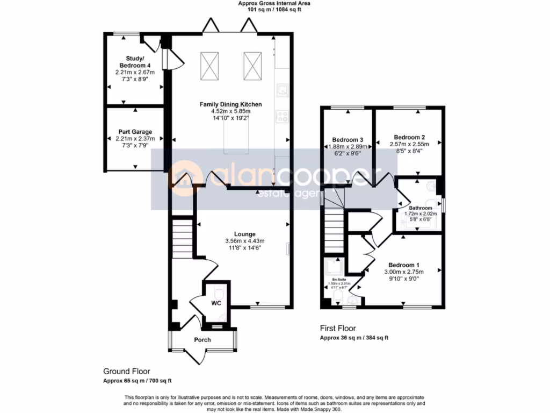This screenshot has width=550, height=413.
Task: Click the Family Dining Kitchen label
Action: point(230,104)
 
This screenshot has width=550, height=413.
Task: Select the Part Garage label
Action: point(135,132)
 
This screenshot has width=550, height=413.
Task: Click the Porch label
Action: point(202,340)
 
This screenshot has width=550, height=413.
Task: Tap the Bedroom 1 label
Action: point(403,265)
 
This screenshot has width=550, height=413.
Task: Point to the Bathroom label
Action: point(420,208)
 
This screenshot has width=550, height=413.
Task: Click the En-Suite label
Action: point(338,280)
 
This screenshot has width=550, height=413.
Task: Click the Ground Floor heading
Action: point(127,371)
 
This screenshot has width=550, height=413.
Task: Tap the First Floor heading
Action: point(338,329)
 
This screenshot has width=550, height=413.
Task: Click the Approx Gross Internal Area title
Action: point(274,3)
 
